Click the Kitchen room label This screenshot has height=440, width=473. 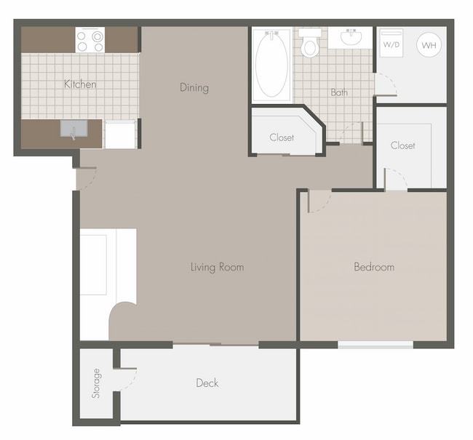click(x=80, y=84)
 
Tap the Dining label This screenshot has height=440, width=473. click(x=194, y=88)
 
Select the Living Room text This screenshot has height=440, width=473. click(x=217, y=267)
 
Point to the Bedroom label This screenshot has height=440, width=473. click(x=374, y=267)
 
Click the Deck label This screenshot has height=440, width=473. click(x=207, y=383)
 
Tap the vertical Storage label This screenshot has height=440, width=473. click(x=96, y=383)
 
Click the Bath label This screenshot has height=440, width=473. click(x=339, y=92)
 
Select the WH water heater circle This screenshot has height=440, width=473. click(x=428, y=45)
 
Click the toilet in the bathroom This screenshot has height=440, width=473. click(x=311, y=45)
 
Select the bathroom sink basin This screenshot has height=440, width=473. click(x=351, y=38)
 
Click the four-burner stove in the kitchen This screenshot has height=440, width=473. click(x=90, y=40)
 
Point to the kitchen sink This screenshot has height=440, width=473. click(x=73, y=130)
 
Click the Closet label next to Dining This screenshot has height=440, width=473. click(x=282, y=137)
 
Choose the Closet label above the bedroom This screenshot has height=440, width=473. click(x=402, y=145)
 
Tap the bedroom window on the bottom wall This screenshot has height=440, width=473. click(x=375, y=344)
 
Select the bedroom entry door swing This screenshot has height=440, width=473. click(x=318, y=201)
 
